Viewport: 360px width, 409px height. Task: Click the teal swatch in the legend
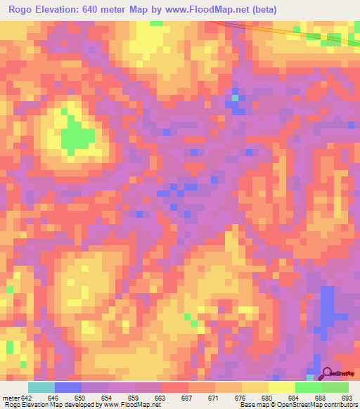(41, 387)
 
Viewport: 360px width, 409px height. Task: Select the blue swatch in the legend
(68, 387)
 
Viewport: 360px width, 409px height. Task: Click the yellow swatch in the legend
(282, 387)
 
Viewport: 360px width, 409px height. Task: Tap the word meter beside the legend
(12, 398)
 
